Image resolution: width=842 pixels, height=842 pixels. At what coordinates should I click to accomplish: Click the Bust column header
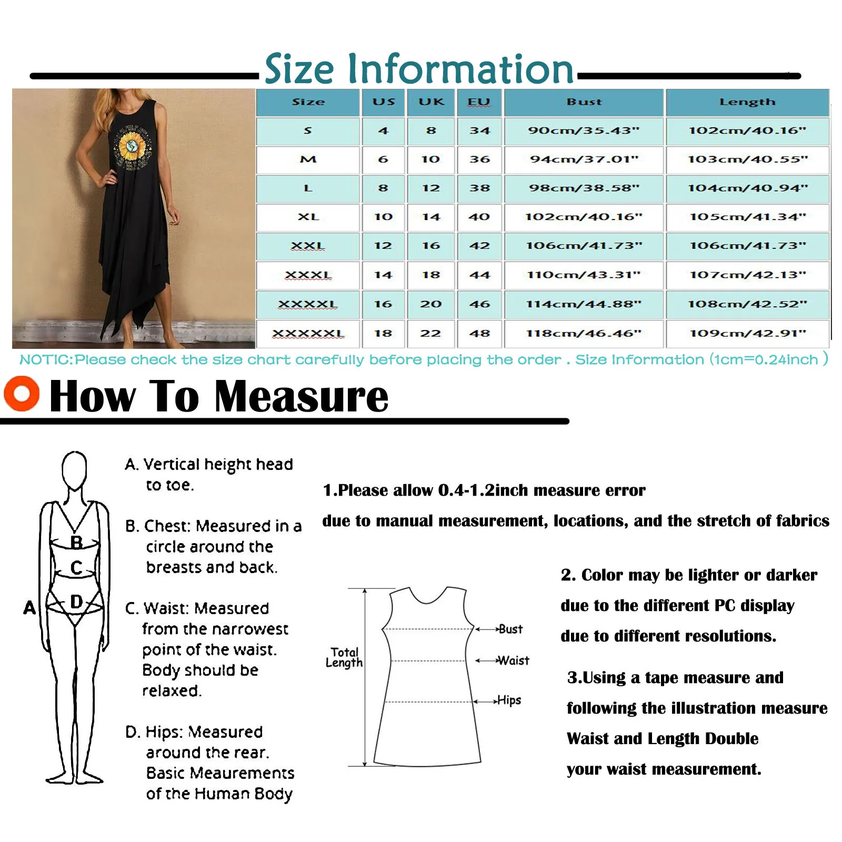point(584,102)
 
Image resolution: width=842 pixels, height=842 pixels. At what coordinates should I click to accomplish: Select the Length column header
point(747,102)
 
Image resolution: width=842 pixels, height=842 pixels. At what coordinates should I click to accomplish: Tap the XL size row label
point(308,217)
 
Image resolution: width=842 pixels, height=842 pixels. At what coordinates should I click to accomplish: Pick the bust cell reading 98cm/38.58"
point(584,188)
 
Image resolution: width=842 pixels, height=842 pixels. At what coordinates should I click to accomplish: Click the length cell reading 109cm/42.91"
point(747,334)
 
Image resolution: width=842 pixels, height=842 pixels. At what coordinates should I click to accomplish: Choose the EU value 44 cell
point(479,275)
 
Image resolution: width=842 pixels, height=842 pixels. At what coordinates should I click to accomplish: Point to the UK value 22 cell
point(430,334)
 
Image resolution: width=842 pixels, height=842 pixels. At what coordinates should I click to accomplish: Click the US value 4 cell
point(383,131)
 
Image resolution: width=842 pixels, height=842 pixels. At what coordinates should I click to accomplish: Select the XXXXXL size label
point(308,334)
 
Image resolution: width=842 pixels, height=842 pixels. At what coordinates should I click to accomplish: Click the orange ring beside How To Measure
point(22,394)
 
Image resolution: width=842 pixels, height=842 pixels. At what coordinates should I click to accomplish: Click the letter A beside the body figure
point(29,608)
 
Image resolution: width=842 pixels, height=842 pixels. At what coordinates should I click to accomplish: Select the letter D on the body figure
point(76,602)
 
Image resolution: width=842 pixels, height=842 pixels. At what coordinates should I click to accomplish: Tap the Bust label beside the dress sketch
point(510,629)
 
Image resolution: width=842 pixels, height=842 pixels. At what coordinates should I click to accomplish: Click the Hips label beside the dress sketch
point(509,700)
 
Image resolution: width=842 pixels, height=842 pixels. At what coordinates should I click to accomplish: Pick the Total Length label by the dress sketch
point(344,657)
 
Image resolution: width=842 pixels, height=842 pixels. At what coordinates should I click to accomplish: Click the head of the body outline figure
point(74,469)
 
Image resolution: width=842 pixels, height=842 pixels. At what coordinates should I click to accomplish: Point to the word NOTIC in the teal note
point(45,360)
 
